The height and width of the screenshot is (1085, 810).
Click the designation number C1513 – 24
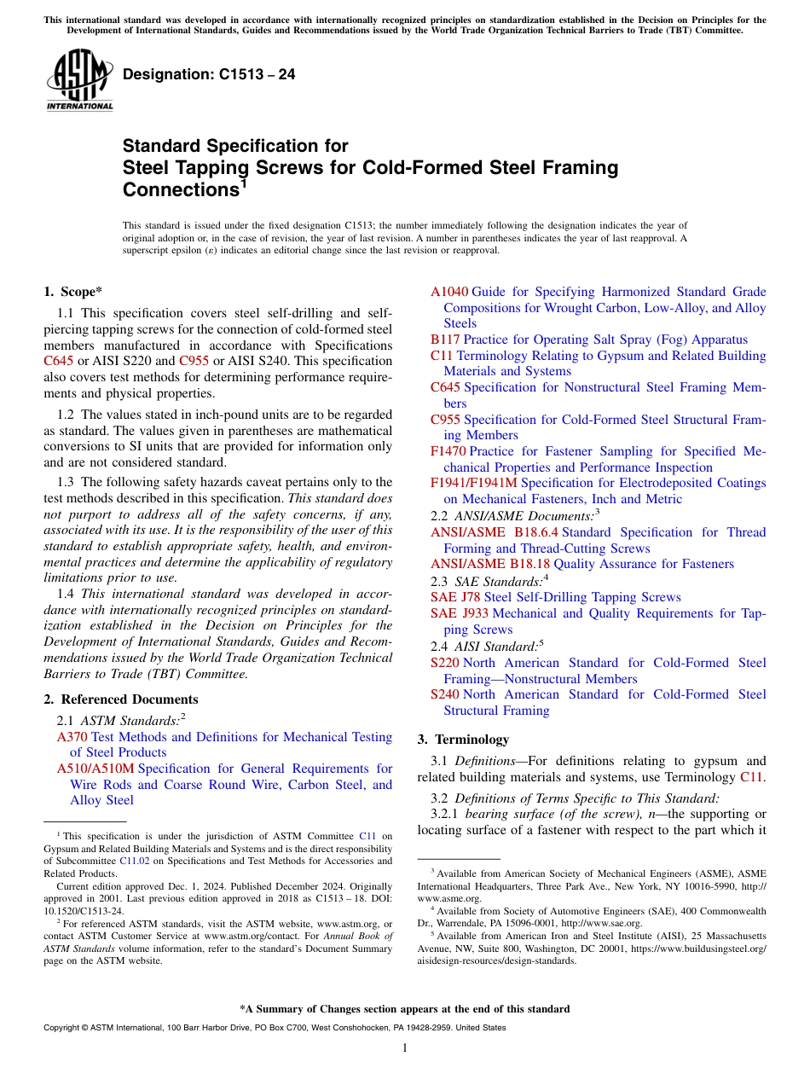[x=209, y=74]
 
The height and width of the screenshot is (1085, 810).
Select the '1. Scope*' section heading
[x=72, y=291]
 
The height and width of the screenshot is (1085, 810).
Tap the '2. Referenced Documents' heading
[x=120, y=699]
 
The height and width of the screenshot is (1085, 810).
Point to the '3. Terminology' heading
[x=463, y=740]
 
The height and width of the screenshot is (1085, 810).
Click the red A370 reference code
[x=72, y=737]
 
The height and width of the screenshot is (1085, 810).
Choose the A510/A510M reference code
[x=95, y=769]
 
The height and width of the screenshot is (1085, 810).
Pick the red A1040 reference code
[x=448, y=292]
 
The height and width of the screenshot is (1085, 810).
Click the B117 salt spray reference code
[x=445, y=339]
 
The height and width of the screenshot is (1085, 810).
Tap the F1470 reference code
[x=448, y=451]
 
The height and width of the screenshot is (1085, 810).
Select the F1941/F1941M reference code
[x=473, y=483]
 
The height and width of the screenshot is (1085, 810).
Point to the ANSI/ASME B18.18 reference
[x=490, y=564]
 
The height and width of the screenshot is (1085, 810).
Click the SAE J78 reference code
[x=455, y=597]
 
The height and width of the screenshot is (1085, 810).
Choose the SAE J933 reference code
[x=459, y=613]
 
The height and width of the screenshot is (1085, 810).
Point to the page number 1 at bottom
[x=405, y=1048]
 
